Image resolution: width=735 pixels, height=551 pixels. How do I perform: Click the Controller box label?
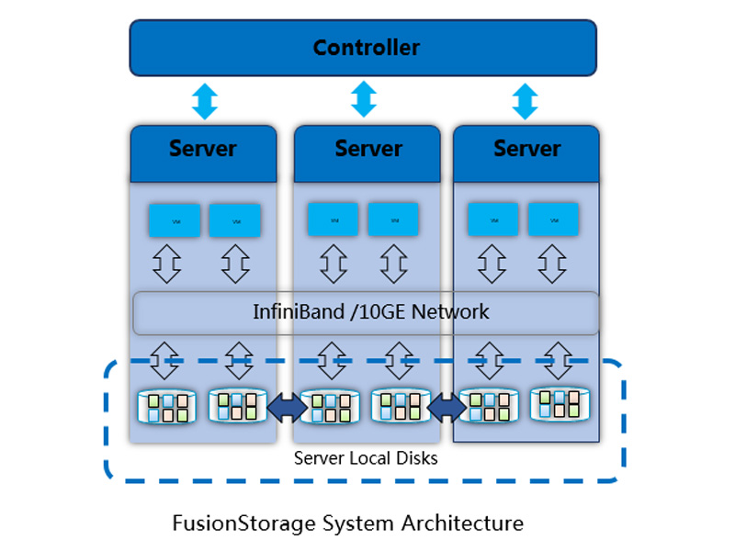[x=366, y=48]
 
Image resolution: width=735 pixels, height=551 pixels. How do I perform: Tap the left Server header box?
[x=203, y=150]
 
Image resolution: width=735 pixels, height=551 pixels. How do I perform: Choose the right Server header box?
[x=526, y=150]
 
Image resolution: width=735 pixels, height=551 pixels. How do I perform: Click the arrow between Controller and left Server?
[x=205, y=101]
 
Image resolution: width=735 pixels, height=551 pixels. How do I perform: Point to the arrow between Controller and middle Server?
[x=364, y=99]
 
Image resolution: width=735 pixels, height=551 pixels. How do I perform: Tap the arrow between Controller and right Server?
[x=525, y=101]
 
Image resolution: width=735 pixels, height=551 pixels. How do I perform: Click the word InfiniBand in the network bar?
[x=293, y=312]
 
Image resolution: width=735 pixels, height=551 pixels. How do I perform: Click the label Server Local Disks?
[x=366, y=456]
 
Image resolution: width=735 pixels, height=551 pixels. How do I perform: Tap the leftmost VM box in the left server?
[x=175, y=220]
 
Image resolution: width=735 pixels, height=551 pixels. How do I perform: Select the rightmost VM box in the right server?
[x=553, y=220]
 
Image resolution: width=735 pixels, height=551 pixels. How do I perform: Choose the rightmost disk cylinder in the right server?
[x=560, y=404]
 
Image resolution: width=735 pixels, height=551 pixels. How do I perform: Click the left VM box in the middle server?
[x=333, y=219]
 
